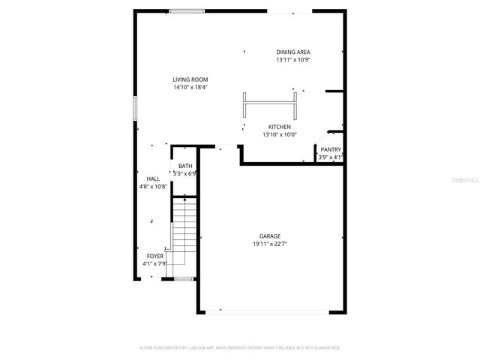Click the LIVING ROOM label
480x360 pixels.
point(190,79)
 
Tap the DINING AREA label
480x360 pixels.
point(292,52)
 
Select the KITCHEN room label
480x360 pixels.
point(280,127)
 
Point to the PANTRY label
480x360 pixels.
point(331,149)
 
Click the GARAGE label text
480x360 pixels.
point(270,236)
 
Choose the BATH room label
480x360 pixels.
point(185,166)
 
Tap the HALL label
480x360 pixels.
point(153,178)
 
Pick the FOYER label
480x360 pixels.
point(155,256)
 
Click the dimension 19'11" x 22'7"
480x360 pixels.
point(270,244)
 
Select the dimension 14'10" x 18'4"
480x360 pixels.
point(190,87)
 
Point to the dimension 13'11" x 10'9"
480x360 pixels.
point(292,59)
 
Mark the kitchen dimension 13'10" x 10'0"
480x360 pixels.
point(280,135)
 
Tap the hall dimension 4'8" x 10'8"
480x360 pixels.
point(153,187)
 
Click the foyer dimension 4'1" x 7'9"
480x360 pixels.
point(155,264)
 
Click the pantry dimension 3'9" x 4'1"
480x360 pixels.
point(331,157)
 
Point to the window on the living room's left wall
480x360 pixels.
point(135,108)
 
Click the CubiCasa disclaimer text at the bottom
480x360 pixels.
point(240,348)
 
